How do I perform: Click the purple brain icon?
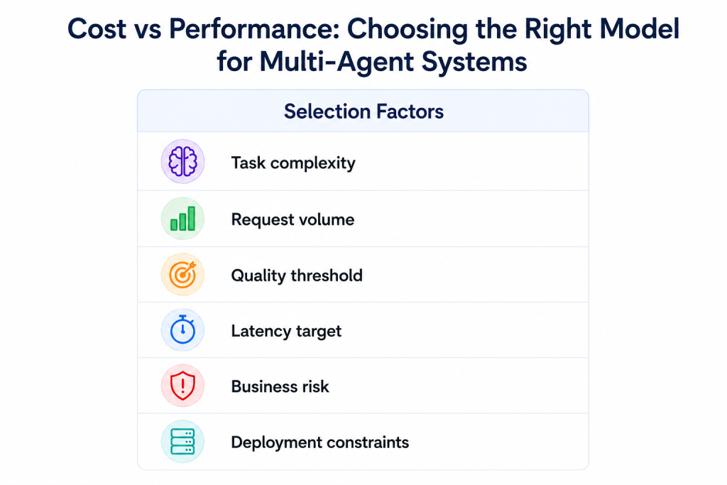(x=182, y=161)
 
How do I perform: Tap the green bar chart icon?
(x=182, y=219)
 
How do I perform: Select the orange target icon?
(x=182, y=275)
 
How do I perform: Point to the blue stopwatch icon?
(x=182, y=330)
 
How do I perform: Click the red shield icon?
(x=182, y=386)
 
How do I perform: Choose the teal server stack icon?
(x=182, y=442)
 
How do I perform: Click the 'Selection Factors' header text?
(x=363, y=111)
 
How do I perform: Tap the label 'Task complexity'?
(x=293, y=163)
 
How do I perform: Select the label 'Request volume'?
(x=293, y=219)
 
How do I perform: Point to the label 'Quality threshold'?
(x=297, y=276)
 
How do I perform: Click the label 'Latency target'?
(x=286, y=331)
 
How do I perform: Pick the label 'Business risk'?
(x=280, y=386)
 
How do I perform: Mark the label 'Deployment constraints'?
(x=320, y=442)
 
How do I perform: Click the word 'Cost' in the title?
(x=97, y=28)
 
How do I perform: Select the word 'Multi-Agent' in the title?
(x=336, y=62)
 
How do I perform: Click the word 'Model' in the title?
(x=640, y=28)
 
